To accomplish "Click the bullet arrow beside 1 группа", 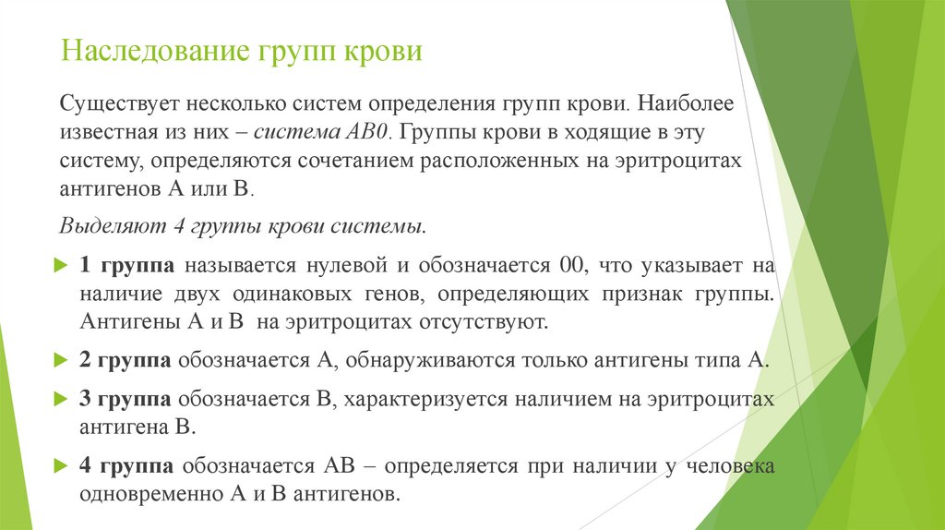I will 61,266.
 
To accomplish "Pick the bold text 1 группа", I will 127,266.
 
